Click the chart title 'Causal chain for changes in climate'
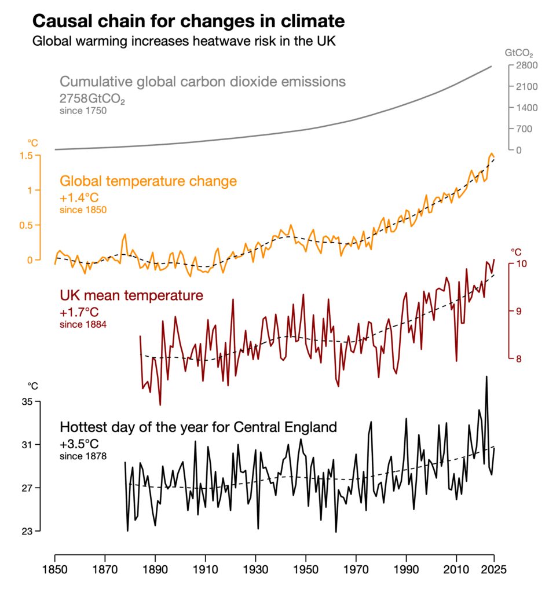[189, 21]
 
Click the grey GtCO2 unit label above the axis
[518, 53]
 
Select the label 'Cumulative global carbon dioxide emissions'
[203, 81]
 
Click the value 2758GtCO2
[93, 99]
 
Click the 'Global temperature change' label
[148, 181]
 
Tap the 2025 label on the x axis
[494, 570]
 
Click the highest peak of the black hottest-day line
[486, 376]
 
